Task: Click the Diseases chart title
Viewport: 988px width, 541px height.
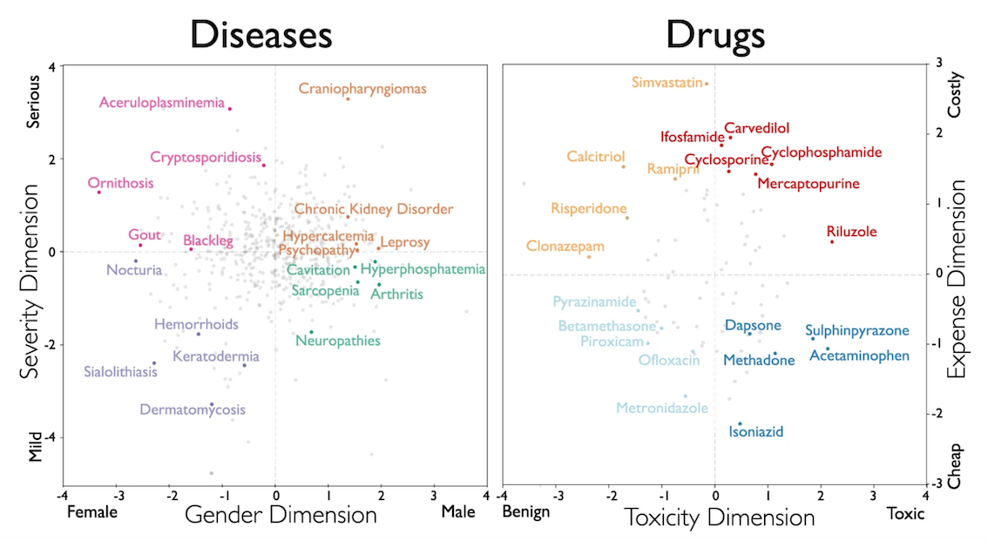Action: (x=261, y=35)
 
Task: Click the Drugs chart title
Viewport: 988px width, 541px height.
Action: (x=715, y=35)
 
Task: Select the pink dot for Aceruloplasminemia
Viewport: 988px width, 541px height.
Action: (x=229, y=108)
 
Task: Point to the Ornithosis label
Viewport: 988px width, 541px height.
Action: (x=120, y=183)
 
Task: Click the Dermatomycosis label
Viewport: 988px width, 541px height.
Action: (x=193, y=409)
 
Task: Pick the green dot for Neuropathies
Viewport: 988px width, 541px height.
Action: (x=311, y=332)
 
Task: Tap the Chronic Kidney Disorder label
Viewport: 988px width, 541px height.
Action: (x=373, y=209)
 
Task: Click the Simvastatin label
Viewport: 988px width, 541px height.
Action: (x=667, y=83)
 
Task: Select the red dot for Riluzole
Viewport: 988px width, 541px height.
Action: (x=832, y=241)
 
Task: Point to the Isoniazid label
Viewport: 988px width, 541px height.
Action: (x=756, y=432)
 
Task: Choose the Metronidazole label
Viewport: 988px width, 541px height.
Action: (x=662, y=408)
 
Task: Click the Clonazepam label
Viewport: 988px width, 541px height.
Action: (x=565, y=247)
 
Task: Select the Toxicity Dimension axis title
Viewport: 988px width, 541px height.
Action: (x=719, y=517)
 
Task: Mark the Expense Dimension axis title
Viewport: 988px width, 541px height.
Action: (x=958, y=279)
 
